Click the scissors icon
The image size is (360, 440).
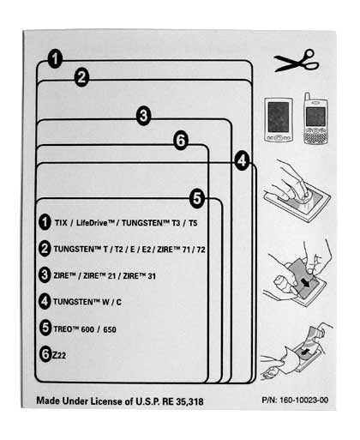pos(297,61)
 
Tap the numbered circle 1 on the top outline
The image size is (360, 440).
pos(55,59)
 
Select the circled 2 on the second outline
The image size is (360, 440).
pos(81,77)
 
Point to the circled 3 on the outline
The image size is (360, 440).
pos(143,116)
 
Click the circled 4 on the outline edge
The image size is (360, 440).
pos(242,161)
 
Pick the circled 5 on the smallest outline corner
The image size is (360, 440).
pos(197,198)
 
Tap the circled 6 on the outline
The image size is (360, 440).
pos(181,141)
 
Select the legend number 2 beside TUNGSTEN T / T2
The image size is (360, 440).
pos(45,249)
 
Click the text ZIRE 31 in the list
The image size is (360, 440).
pos(139,276)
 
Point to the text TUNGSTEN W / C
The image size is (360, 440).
pos(87,302)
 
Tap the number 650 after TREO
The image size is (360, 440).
pos(110,329)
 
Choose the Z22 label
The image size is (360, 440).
pos(58,355)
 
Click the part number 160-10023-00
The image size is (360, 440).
pos(303,400)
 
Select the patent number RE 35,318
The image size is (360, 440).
pos(183,401)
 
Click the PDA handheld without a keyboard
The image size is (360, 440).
pos(279,120)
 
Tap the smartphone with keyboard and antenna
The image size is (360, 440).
pos(315,118)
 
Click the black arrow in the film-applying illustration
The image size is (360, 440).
pos(305,282)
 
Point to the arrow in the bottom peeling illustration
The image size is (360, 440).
pos(305,353)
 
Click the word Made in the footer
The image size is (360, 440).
pos(48,401)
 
